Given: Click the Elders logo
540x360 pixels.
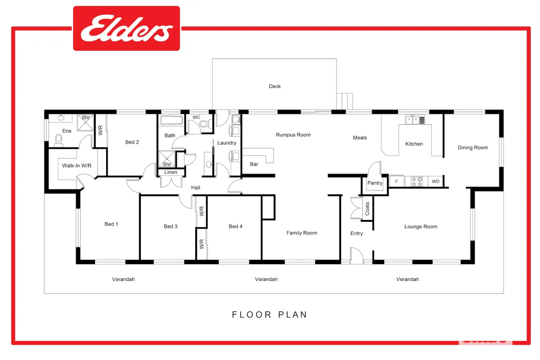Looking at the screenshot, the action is (x=126, y=28).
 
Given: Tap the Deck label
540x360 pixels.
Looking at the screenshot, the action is (x=275, y=86).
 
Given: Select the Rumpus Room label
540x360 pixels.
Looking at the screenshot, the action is (x=293, y=135).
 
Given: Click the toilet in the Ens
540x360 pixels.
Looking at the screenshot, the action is (x=58, y=140).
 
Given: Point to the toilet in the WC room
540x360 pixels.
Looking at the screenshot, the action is (x=205, y=124).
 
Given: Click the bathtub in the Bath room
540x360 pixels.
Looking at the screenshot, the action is (x=171, y=120).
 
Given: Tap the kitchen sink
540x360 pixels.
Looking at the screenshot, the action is (x=415, y=120).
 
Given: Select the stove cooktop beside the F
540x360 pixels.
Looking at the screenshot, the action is (x=417, y=181).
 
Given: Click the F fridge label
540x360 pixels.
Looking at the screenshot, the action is (x=396, y=181).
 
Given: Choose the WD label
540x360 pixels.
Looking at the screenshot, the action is (x=436, y=181).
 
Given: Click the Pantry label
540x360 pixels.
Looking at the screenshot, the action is (x=375, y=183).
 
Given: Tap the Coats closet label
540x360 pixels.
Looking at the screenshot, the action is (x=367, y=208).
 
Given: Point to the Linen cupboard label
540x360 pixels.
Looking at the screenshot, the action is (x=171, y=172).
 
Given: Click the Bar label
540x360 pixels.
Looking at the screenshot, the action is (x=254, y=164).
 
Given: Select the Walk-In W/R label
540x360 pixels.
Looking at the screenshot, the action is (x=76, y=166).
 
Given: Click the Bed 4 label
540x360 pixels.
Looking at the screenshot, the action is (x=235, y=226).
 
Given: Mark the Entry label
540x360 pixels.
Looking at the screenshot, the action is (x=356, y=234).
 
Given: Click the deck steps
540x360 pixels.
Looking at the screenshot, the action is (x=345, y=102).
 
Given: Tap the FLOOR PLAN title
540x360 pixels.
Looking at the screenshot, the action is (x=269, y=315).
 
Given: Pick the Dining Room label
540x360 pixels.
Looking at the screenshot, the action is (x=473, y=148).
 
